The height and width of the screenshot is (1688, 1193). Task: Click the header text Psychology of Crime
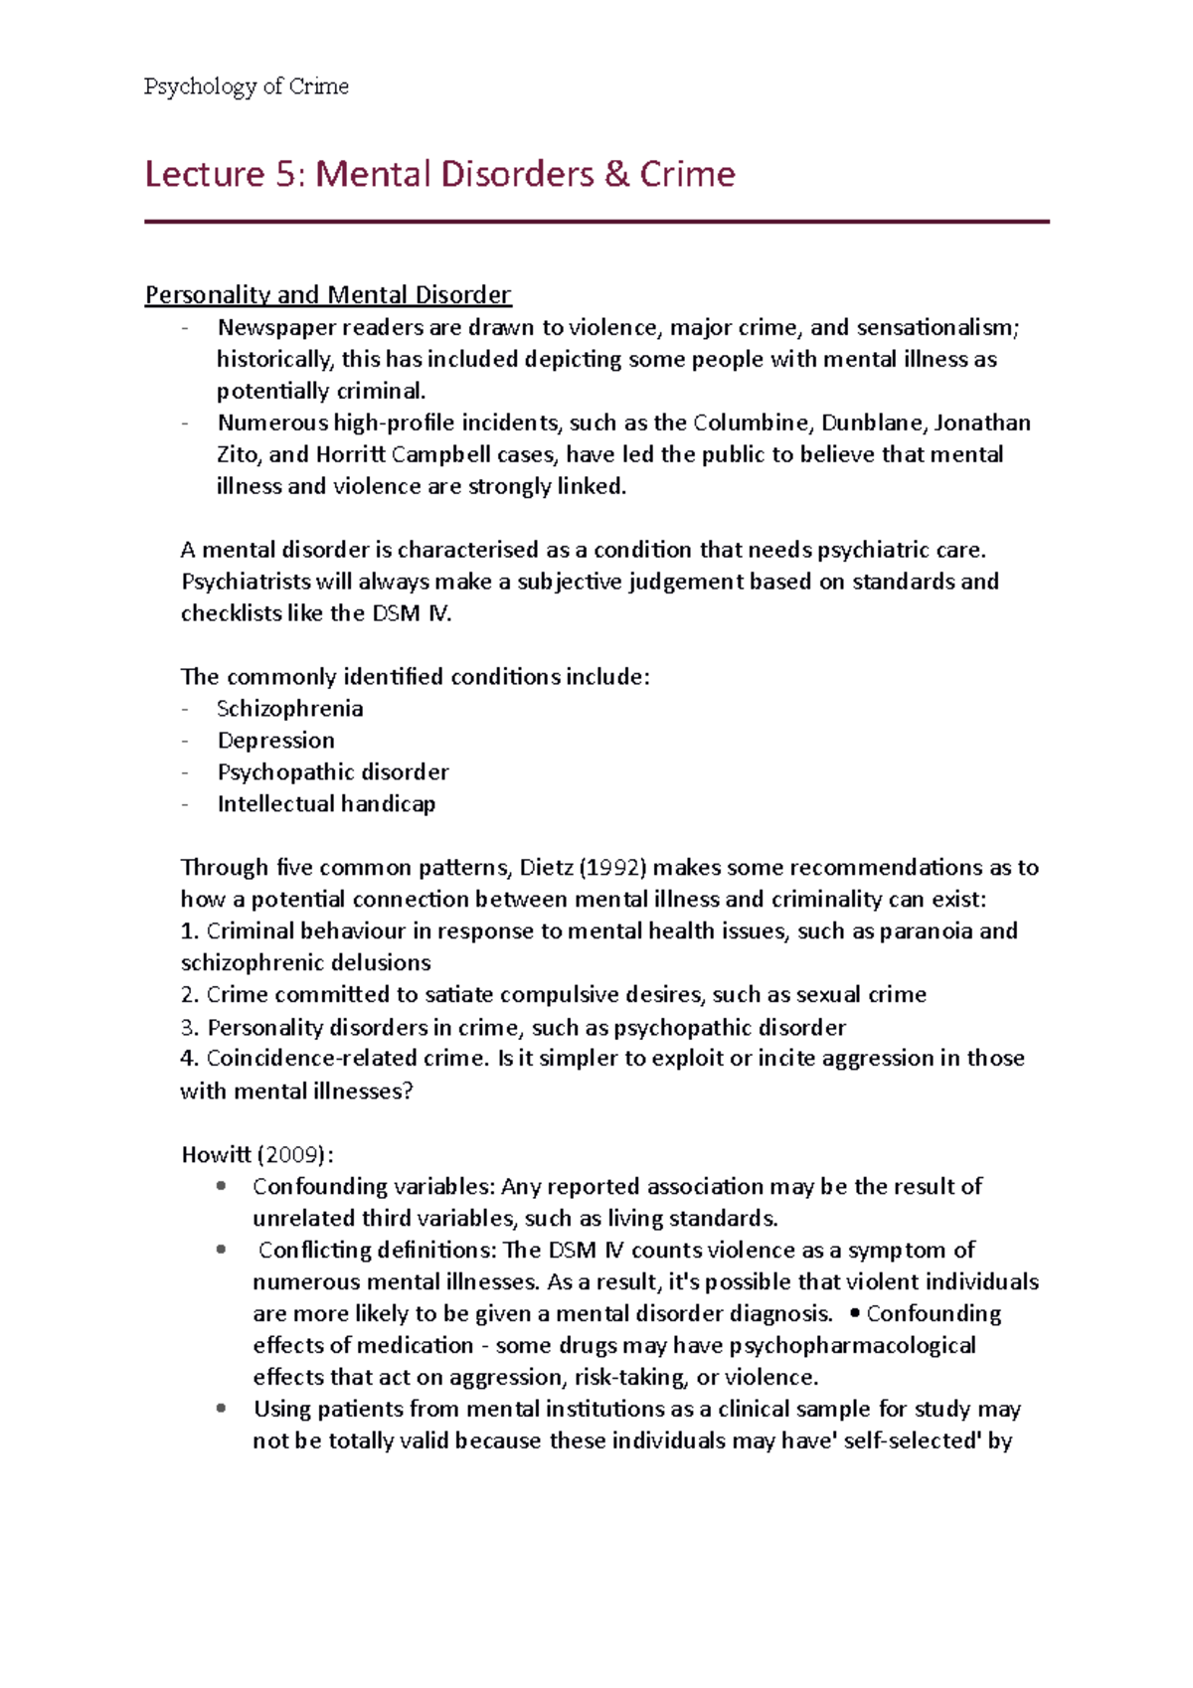tap(246, 86)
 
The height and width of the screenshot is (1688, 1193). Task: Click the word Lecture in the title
tap(204, 175)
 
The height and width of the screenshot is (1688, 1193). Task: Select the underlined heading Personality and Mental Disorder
tap(328, 295)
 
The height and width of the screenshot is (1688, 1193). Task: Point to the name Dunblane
tap(874, 422)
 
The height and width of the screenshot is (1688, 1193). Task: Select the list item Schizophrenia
tap(290, 709)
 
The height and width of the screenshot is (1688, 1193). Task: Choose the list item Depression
tap(276, 741)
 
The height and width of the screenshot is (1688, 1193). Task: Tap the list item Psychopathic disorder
tap(333, 772)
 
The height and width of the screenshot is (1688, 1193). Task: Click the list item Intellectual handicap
tap(326, 804)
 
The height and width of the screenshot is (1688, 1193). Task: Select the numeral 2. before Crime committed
tap(190, 995)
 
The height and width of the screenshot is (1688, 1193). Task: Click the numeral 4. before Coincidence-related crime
tap(190, 1059)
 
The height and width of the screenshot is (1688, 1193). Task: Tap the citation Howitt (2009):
tap(257, 1155)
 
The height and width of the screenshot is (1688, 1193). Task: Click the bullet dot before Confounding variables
tap(221, 1186)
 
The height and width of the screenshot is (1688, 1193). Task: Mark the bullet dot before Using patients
tap(221, 1409)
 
